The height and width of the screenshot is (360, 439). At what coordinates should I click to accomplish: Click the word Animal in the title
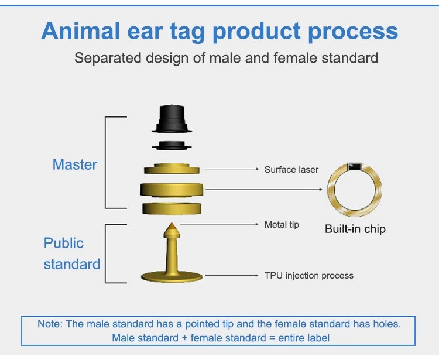click(x=81, y=31)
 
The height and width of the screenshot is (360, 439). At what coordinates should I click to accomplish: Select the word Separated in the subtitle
click(x=108, y=59)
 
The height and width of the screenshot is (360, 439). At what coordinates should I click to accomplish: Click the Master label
click(x=75, y=164)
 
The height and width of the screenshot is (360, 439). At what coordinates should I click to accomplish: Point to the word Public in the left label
click(x=64, y=243)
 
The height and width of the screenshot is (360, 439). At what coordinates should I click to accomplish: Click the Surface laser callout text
click(x=291, y=169)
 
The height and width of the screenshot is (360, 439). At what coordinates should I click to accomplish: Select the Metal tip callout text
click(x=282, y=225)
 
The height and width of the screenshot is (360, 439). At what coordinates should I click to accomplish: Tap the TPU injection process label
click(x=309, y=276)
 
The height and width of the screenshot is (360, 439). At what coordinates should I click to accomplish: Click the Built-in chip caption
click(x=355, y=229)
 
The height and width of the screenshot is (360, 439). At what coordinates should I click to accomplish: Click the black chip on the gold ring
click(x=355, y=167)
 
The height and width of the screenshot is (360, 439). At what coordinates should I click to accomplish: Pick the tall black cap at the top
click(x=172, y=119)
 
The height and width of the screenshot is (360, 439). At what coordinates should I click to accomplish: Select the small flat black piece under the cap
click(x=172, y=146)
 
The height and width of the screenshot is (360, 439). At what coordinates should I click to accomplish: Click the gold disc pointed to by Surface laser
click(x=172, y=169)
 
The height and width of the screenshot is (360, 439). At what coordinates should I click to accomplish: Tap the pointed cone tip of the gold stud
click(x=172, y=223)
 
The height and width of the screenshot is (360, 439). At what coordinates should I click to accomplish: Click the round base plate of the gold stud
click(x=172, y=276)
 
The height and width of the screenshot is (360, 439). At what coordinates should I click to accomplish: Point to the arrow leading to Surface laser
click(x=232, y=169)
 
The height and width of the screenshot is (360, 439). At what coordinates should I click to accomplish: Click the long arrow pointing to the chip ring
click(x=264, y=190)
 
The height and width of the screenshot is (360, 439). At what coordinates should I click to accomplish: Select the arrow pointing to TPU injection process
click(x=232, y=276)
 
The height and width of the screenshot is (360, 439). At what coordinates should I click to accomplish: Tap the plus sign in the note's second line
click(x=184, y=338)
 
